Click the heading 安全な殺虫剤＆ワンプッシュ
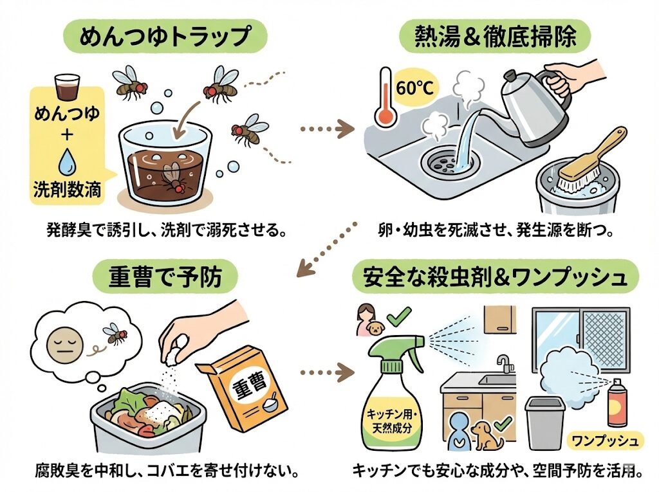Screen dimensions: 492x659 [x=495, y=277]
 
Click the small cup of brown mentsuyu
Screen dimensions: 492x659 [x=68, y=87]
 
